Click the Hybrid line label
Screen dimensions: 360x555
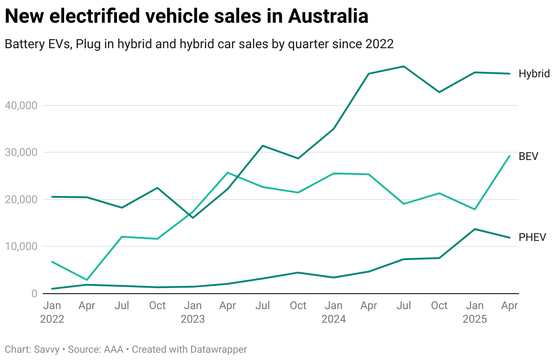click(534, 74)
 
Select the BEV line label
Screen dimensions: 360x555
click(529, 156)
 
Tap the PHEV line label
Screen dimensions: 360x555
click(532, 237)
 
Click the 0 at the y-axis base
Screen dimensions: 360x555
click(34, 294)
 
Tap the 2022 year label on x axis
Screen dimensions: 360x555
click(52, 319)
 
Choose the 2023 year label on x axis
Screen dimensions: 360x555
click(193, 319)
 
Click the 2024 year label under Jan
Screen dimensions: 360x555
click(333, 319)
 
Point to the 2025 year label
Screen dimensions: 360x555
click(474, 319)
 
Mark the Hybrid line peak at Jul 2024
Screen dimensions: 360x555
click(404, 66)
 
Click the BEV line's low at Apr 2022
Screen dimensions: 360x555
click(87, 280)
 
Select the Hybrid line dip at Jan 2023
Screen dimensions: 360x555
click(193, 218)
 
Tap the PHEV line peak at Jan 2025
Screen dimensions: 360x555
click(474, 229)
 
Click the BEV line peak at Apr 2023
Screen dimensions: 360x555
click(227, 173)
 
